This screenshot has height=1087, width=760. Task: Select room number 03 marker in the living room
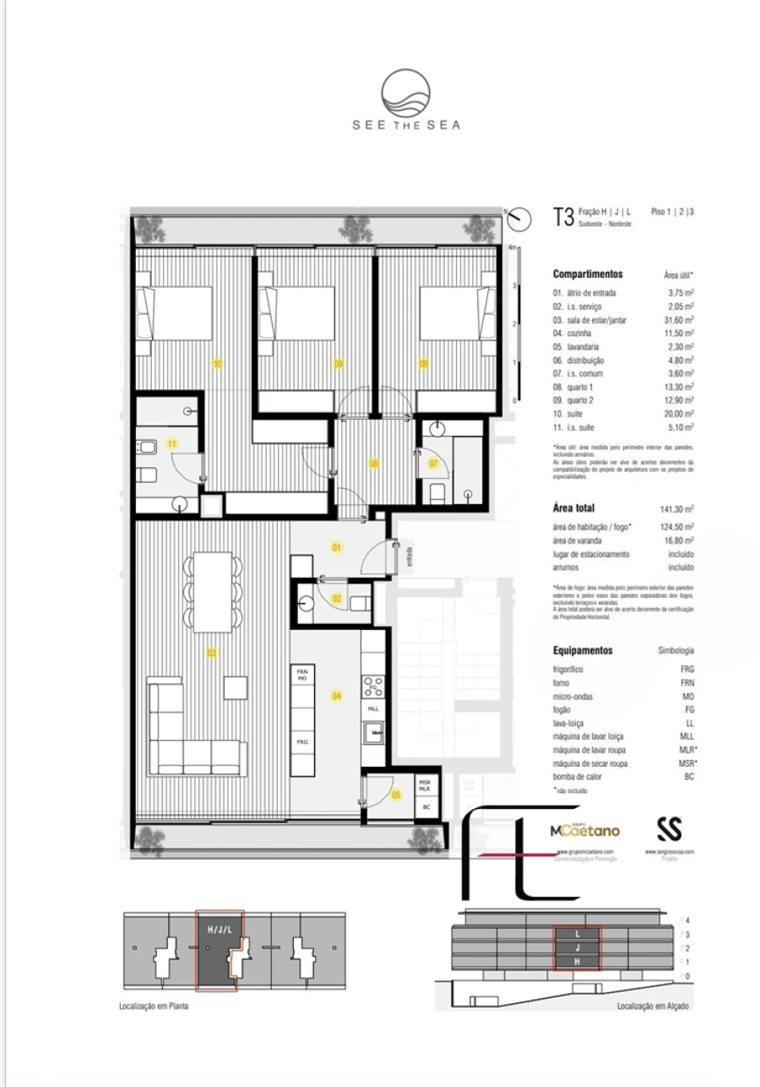(x=212, y=653)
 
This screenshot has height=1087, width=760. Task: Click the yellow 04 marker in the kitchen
(x=337, y=696)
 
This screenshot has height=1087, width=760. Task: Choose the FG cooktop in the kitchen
(x=373, y=686)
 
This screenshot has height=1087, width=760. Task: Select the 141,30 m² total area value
(x=676, y=508)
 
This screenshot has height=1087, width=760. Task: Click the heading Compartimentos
(x=588, y=274)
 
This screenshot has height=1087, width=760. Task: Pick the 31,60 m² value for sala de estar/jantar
(x=678, y=320)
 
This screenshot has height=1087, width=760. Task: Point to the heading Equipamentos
(x=583, y=651)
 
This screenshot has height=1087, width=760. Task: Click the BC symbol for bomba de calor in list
(x=689, y=777)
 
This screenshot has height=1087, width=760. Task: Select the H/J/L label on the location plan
(x=219, y=929)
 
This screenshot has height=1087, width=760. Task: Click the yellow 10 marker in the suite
(x=217, y=364)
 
